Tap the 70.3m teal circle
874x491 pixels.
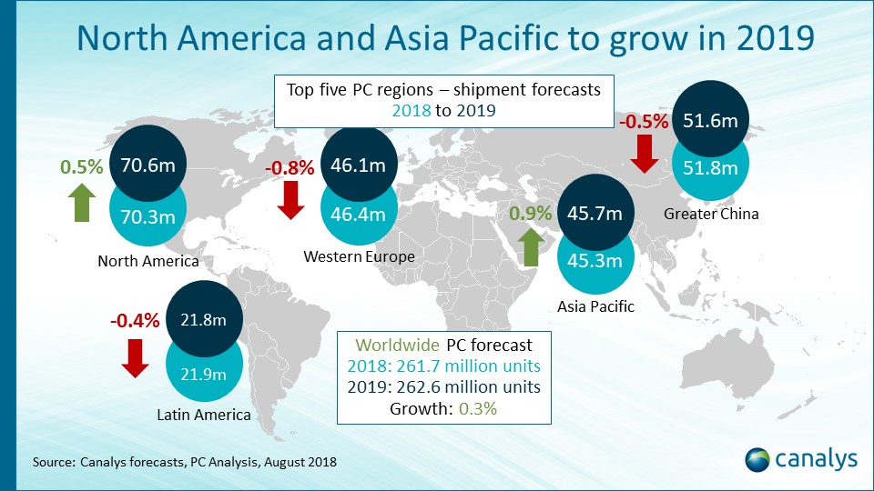[x=148, y=217]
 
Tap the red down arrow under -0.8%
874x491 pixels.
[x=291, y=199]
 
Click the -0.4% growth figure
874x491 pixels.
[x=135, y=320]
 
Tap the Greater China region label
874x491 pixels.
[x=712, y=215]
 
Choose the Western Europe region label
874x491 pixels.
[x=359, y=257]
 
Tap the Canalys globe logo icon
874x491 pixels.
[x=758, y=459]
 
